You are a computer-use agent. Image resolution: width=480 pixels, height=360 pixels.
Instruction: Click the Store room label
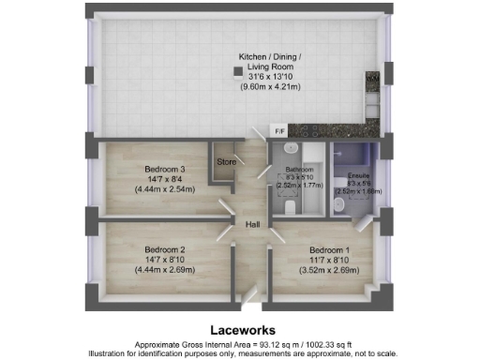pyautogui.click(x=225, y=161)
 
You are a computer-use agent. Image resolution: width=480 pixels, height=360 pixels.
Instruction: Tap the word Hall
pyautogui.click(x=252, y=225)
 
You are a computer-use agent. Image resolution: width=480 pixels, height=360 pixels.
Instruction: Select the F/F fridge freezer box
pyautogui.click(x=278, y=130)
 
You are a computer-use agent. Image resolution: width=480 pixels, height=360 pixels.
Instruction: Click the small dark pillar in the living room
pyautogui.click(x=237, y=70)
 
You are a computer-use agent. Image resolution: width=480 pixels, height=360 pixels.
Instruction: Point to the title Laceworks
pyautogui.click(x=240, y=330)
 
